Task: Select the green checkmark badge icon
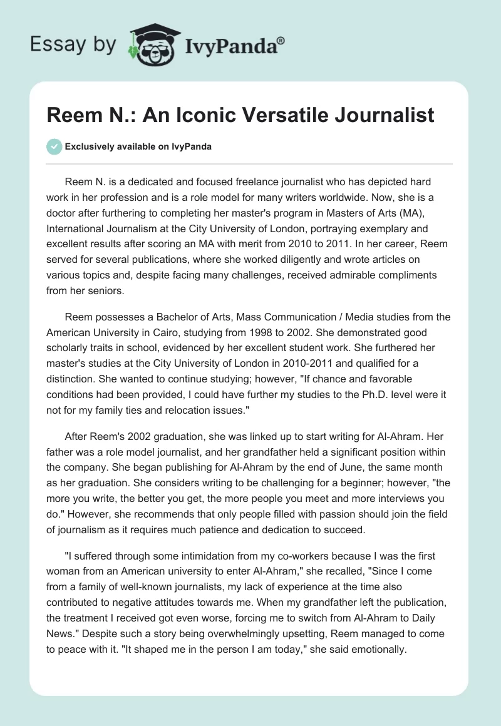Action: (54, 146)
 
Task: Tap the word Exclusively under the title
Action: (90, 146)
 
